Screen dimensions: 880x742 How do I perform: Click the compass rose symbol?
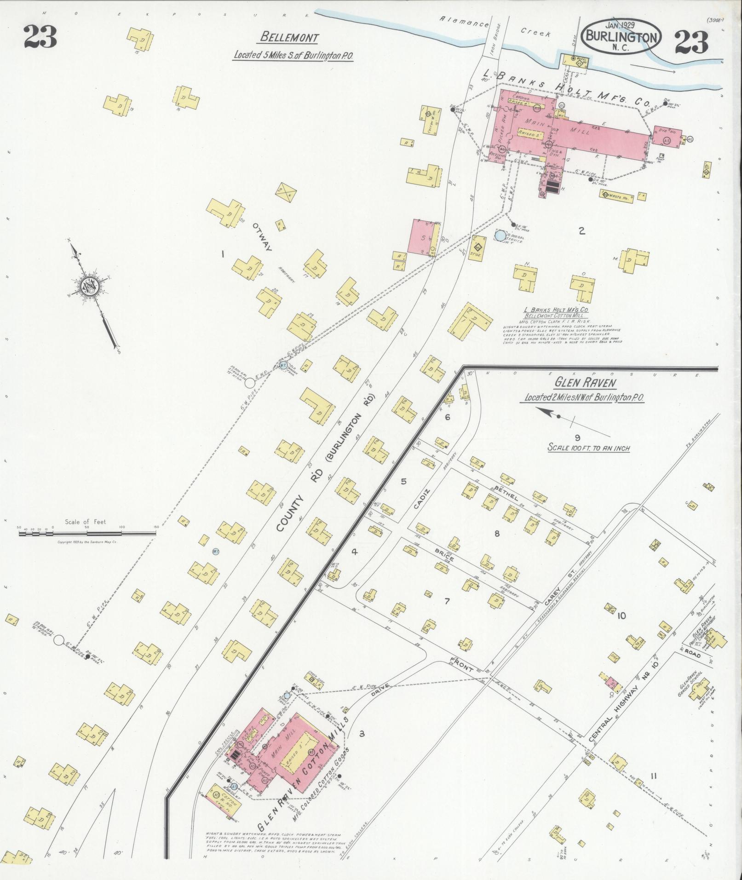point(87,286)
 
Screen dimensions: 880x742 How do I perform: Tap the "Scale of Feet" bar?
point(87,533)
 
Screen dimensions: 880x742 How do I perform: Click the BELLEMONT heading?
point(289,37)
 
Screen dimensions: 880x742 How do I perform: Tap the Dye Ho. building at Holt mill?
point(666,136)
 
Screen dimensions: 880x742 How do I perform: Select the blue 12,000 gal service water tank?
point(499,236)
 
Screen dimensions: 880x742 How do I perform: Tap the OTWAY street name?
point(262,236)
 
